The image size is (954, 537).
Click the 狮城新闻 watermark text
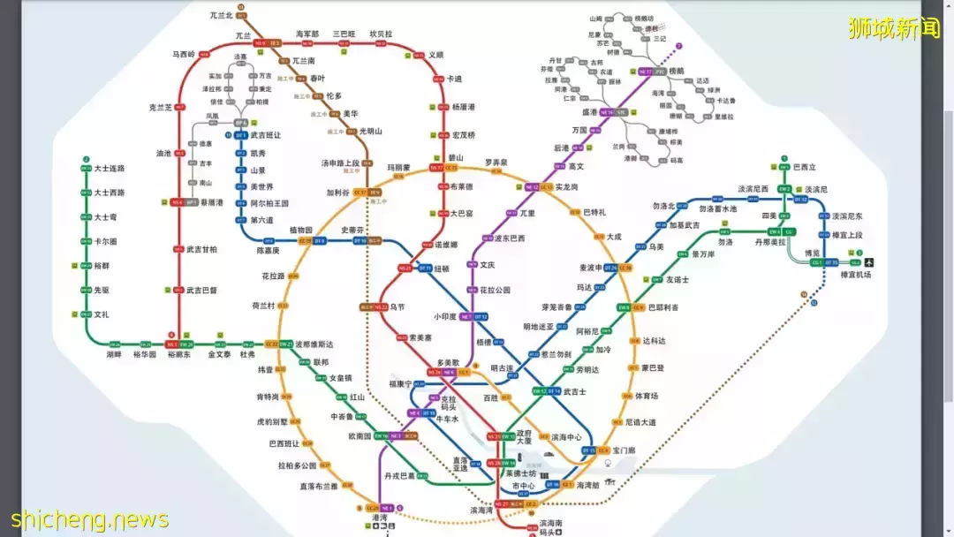[x=894, y=28]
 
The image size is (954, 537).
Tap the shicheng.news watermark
[x=89, y=519]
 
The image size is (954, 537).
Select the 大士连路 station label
[x=110, y=168]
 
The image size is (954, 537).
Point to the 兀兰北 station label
[x=221, y=16]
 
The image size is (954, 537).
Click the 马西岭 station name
[x=184, y=55]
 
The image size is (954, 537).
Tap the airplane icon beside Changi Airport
[x=870, y=262]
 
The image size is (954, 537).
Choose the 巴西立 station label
[x=805, y=167]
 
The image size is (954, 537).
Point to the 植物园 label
[x=277, y=230]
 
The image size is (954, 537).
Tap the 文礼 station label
[x=102, y=314]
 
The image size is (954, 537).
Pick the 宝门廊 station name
[x=624, y=450]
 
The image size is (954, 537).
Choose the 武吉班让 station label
[x=265, y=135]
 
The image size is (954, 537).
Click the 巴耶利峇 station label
[x=663, y=307]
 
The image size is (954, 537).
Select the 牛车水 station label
[x=449, y=420]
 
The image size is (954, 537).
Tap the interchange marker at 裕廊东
[x=179, y=344]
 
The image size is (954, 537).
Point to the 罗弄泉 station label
[x=496, y=163]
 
